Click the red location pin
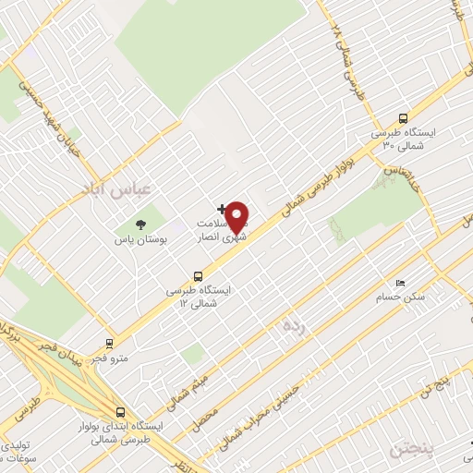point(238,218)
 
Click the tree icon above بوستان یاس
point(140,224)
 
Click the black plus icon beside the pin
point(220,208)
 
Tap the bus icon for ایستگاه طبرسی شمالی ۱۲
point(198,274)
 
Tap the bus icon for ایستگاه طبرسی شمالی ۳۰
point(403,117)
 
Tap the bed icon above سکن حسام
point(399,282)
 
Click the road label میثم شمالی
point(188,389)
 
